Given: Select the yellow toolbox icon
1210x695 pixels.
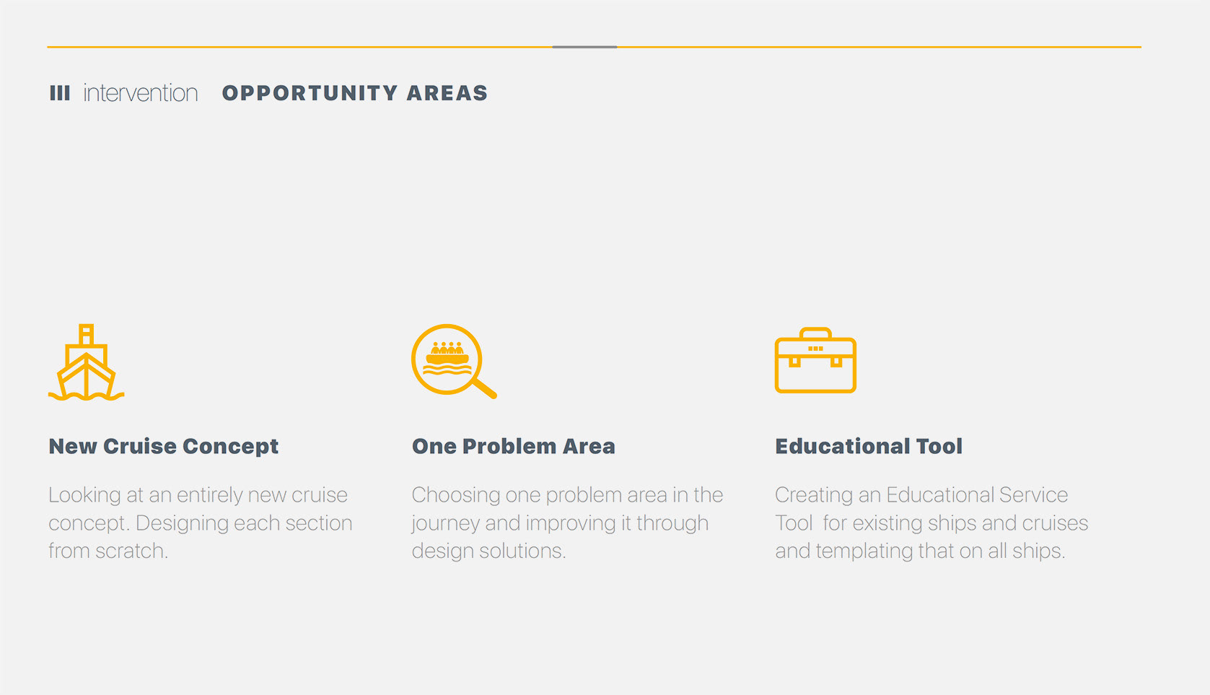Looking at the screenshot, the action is point(815,360).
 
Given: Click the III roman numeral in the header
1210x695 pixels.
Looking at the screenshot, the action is point(60,93).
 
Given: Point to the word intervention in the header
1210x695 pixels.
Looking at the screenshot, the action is point(141,93).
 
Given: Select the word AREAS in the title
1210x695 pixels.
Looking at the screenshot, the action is point(447,93).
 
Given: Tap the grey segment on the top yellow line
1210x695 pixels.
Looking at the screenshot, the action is point(584,47).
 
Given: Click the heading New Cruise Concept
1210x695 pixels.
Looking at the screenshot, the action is point(164,447).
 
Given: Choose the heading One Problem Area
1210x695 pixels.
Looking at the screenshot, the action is point(513,447).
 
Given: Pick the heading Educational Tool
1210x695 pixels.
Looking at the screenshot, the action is point(869,447).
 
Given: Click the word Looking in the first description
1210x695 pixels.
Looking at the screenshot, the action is point(85,496).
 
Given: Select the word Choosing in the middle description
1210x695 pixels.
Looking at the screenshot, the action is point(456,496).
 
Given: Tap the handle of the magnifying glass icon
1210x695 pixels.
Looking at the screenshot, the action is point(485,388).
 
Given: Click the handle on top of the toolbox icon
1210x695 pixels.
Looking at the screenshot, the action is point(815,333).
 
